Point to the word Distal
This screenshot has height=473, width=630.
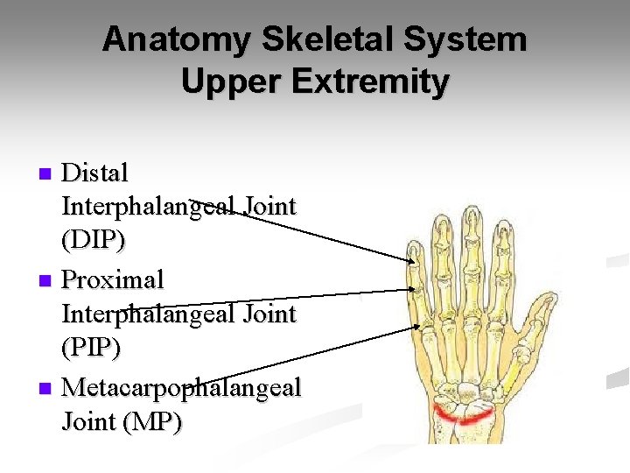tap(95, 173)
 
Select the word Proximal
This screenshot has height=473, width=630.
tap(113, 280)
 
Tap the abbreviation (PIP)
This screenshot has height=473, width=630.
tap(91, 349)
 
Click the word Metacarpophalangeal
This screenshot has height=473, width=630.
tap(181, 386)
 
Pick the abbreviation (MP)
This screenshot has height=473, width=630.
tap(153, 422)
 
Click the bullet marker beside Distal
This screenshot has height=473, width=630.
tap(48, 173)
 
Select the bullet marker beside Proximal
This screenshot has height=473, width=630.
tap(48, 281)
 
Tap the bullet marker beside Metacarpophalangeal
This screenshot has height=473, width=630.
tap(48, 387)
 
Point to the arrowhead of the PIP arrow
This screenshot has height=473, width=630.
tap(414, 289)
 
